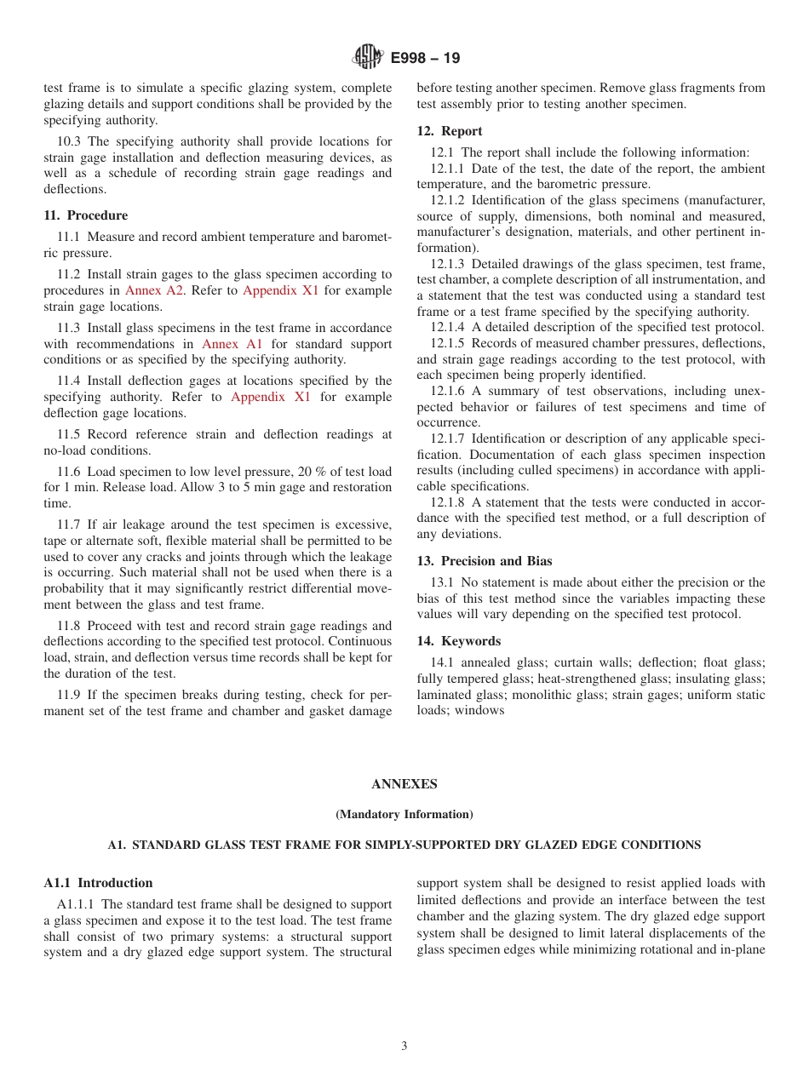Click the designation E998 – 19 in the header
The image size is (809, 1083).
425,59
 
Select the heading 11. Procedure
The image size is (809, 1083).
85,215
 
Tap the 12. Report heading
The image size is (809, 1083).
450,131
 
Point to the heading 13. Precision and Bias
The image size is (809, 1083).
485,561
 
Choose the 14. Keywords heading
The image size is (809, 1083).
459,641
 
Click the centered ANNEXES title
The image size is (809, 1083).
404,784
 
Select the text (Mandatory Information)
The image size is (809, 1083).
404,815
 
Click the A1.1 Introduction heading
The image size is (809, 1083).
98,883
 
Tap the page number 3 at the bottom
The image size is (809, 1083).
404,1046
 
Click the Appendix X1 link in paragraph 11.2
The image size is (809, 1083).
280,290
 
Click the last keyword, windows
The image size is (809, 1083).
480,710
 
